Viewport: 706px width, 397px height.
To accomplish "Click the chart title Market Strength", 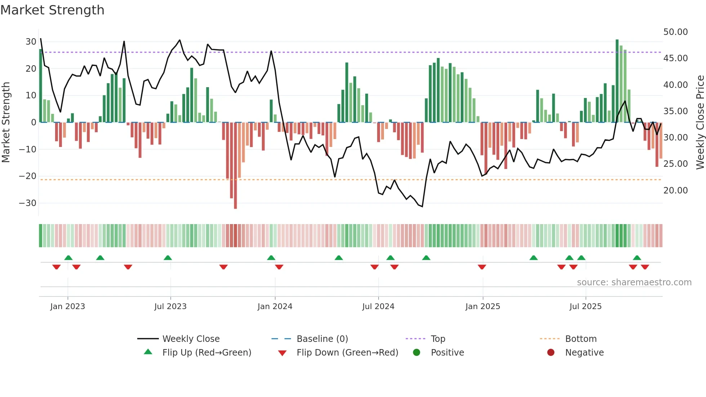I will pos(52,10).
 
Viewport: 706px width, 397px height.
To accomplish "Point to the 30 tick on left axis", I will pos(31,42).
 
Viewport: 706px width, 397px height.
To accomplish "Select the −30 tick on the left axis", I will pos(28,203).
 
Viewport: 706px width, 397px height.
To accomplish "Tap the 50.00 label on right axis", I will pos(675,32).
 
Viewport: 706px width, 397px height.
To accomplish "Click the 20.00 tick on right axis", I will pos(675,191).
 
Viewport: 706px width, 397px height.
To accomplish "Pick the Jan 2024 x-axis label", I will pos(275,307).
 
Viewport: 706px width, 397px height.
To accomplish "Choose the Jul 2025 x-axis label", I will pos(585,307).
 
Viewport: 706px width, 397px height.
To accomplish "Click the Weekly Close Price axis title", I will pos(700,122).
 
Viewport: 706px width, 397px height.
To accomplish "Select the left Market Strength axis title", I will pos(6,122).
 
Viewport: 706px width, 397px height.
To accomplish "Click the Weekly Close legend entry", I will pos(191,339).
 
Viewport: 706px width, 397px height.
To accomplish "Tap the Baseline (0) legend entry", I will pos(322,339).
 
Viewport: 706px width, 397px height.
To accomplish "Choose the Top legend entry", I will pos(438,339).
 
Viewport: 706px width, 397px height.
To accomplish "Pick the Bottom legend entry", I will pos(581,339).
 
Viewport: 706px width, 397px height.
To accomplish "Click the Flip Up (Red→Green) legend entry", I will pos(206,353).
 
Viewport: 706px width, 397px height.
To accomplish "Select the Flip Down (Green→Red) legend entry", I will pos(347,353).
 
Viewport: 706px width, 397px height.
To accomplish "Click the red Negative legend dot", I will pos(551,353).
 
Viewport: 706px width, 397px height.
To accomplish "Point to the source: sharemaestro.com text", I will pos(634,282).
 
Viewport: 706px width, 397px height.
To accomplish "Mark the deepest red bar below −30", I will pos(235,166).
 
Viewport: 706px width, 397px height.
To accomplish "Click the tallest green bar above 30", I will pos(617,81).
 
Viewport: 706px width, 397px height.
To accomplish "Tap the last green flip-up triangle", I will pos(637,258).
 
